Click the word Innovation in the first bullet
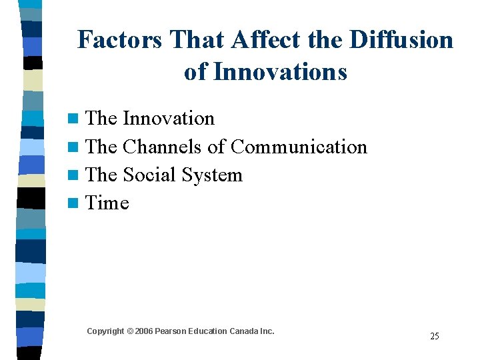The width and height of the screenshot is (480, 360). point(169,119)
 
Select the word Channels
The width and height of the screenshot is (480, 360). point(163,147)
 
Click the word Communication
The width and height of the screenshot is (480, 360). point(299,147)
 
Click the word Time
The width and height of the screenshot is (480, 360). point(107,203)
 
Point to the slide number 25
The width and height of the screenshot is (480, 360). point(434,336)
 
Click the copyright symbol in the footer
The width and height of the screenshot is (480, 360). point(130,331)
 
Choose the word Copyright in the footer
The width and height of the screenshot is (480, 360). point(105,331)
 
